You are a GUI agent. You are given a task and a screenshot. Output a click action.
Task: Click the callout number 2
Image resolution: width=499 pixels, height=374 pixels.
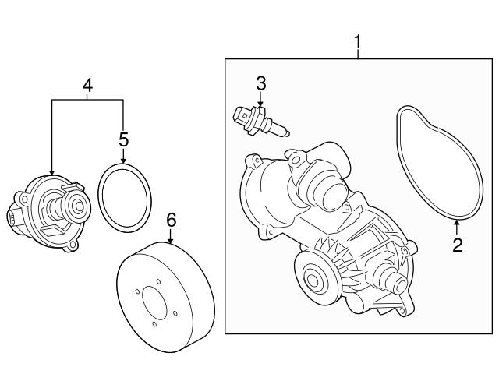coord(458,246)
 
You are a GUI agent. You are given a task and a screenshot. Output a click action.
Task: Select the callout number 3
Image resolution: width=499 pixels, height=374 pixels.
coord(261,83)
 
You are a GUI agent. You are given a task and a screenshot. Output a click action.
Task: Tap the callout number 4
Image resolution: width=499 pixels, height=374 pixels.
coord(87,86)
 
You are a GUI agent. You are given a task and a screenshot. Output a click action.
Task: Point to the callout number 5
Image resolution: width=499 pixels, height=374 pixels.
coord(122,139)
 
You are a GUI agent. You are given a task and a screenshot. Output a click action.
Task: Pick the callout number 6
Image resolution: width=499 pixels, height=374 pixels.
coord(172,221)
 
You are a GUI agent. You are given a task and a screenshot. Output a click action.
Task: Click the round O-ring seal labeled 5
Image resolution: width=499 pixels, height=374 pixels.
coord(122,198)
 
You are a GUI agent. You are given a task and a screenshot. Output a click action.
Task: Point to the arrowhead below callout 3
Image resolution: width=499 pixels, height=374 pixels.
coord(261,106)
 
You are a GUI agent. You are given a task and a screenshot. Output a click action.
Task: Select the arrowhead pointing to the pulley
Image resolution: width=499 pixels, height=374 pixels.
coord(172,242)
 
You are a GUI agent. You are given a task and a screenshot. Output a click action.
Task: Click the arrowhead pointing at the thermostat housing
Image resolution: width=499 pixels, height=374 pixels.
coord(51,172)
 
